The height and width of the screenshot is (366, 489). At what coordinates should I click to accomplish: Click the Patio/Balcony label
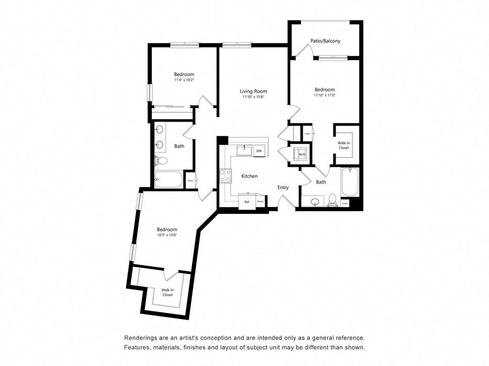tap(325, 41)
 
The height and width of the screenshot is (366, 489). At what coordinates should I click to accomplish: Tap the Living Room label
tap(253, 91)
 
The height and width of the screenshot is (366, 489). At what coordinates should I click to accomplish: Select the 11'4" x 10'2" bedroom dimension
tap(184, 80)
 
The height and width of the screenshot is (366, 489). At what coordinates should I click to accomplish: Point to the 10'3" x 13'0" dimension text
tap(167, 235)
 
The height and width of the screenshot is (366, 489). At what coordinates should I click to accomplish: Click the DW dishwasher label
tap(259, 151)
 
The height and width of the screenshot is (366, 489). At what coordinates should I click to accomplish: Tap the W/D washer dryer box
tap(302, 154)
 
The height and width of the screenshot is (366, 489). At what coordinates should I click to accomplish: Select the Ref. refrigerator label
tap(247, 202)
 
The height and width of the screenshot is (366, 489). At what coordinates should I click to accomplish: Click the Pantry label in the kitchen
tap(260, 202)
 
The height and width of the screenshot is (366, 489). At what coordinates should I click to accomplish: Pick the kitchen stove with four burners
tap(225, 176)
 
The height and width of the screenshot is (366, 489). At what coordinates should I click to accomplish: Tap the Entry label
tap(283, 187)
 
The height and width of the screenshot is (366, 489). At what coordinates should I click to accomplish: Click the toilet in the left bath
tap(161, 162)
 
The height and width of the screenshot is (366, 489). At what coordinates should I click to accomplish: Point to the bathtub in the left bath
tap(169, 180)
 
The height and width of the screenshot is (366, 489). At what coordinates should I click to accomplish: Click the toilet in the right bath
tap(333, 201)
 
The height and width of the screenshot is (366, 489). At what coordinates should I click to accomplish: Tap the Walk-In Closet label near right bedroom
tap(344, 145)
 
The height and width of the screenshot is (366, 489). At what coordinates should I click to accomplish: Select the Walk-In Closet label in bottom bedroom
tap(167, 292)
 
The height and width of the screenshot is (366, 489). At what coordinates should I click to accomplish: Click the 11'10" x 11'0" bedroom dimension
tap(324, 95)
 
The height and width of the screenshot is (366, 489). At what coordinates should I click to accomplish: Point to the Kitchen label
tap(249, 176)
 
